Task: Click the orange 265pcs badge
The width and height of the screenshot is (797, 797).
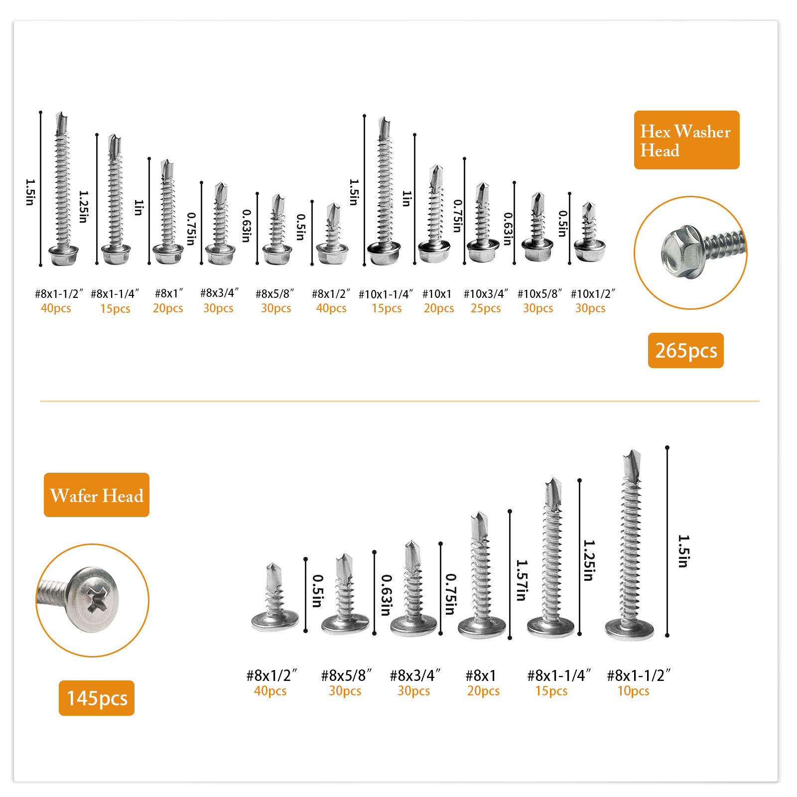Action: click(685, 350)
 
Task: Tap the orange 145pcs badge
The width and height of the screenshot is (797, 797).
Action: click(97, 698)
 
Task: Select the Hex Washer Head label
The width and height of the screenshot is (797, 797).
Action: click(686, 140)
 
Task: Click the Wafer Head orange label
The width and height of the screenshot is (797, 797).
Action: click(97, 495)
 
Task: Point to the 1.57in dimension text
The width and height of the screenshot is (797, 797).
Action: click(522, 580)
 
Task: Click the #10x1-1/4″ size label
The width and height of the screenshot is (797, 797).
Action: click(386, 294)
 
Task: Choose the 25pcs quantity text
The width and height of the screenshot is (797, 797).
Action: click(486, 308)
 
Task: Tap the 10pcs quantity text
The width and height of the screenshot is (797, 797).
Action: click(633, 691)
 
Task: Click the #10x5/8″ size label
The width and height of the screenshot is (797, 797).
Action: click(539, 294)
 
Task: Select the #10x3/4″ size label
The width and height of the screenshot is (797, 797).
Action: click(486, 294)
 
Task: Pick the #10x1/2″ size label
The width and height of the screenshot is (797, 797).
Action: click(593, 294)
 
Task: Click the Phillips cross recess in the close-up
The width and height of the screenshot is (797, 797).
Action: click(96, 599)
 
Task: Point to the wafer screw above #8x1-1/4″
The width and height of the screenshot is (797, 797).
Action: click(551, 557)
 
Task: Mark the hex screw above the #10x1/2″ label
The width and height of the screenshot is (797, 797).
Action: click(589, 232)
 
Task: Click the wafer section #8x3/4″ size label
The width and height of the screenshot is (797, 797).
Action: click(415, 676)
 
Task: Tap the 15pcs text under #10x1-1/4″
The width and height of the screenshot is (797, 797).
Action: click(387, 308)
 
